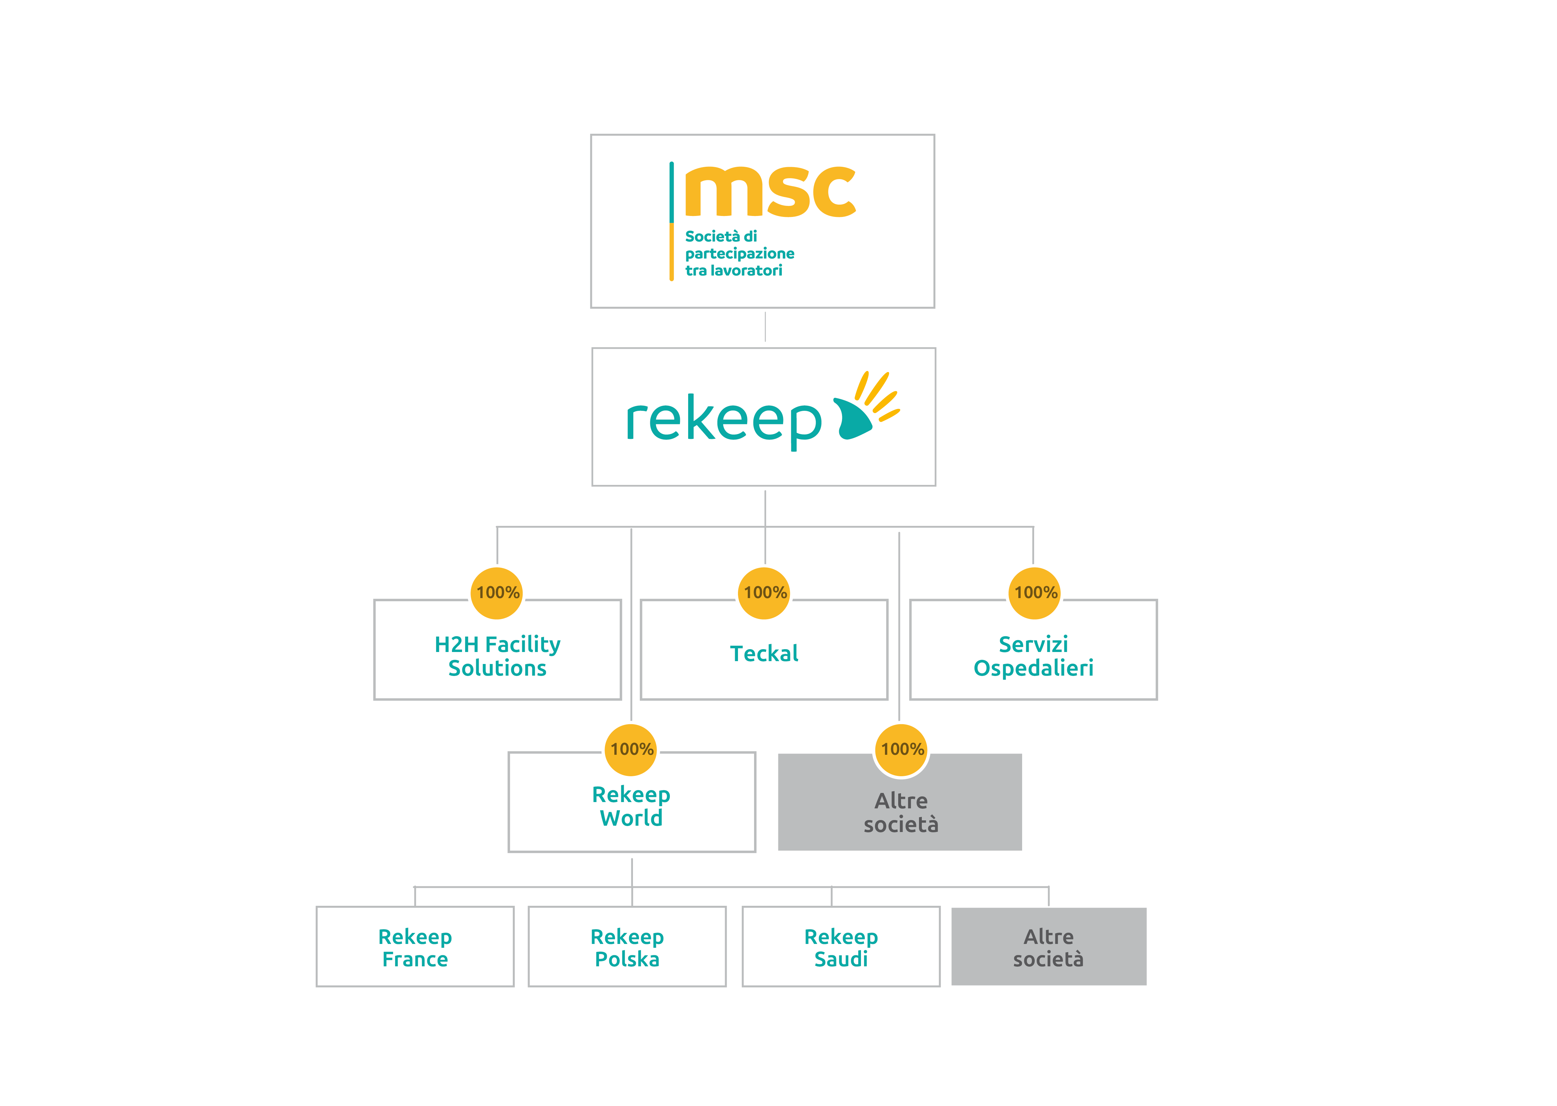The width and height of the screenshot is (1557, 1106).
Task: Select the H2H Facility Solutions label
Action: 497,656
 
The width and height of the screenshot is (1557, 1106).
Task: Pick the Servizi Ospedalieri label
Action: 1033,656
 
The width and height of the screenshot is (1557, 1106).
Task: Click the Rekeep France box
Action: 415,947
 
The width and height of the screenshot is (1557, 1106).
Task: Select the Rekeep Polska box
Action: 627,947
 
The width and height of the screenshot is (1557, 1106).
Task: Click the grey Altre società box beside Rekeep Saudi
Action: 1048,947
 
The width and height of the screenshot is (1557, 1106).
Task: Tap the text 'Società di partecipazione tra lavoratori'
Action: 739,253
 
